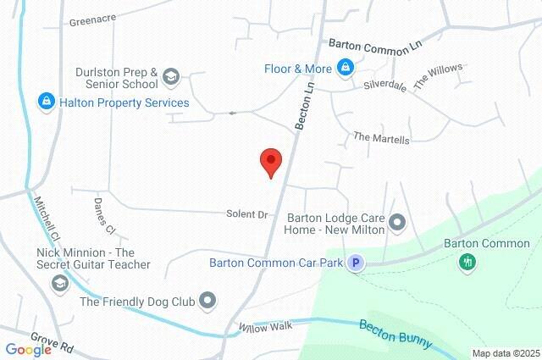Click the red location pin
(x=270, y=161)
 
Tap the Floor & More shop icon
(x=345, y=67)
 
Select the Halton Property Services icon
(x=47, y=102)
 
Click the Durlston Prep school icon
(x=170, y=78)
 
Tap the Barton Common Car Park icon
(x=357, y=263)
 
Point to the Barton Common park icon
(x=467, y=262)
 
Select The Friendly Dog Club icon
(x=208, y=301)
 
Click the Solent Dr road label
(x=246, y=214)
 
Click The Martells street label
(x=381, y=137)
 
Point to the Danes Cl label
(x=103, y=215)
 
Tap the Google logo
(x=28, y=350)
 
